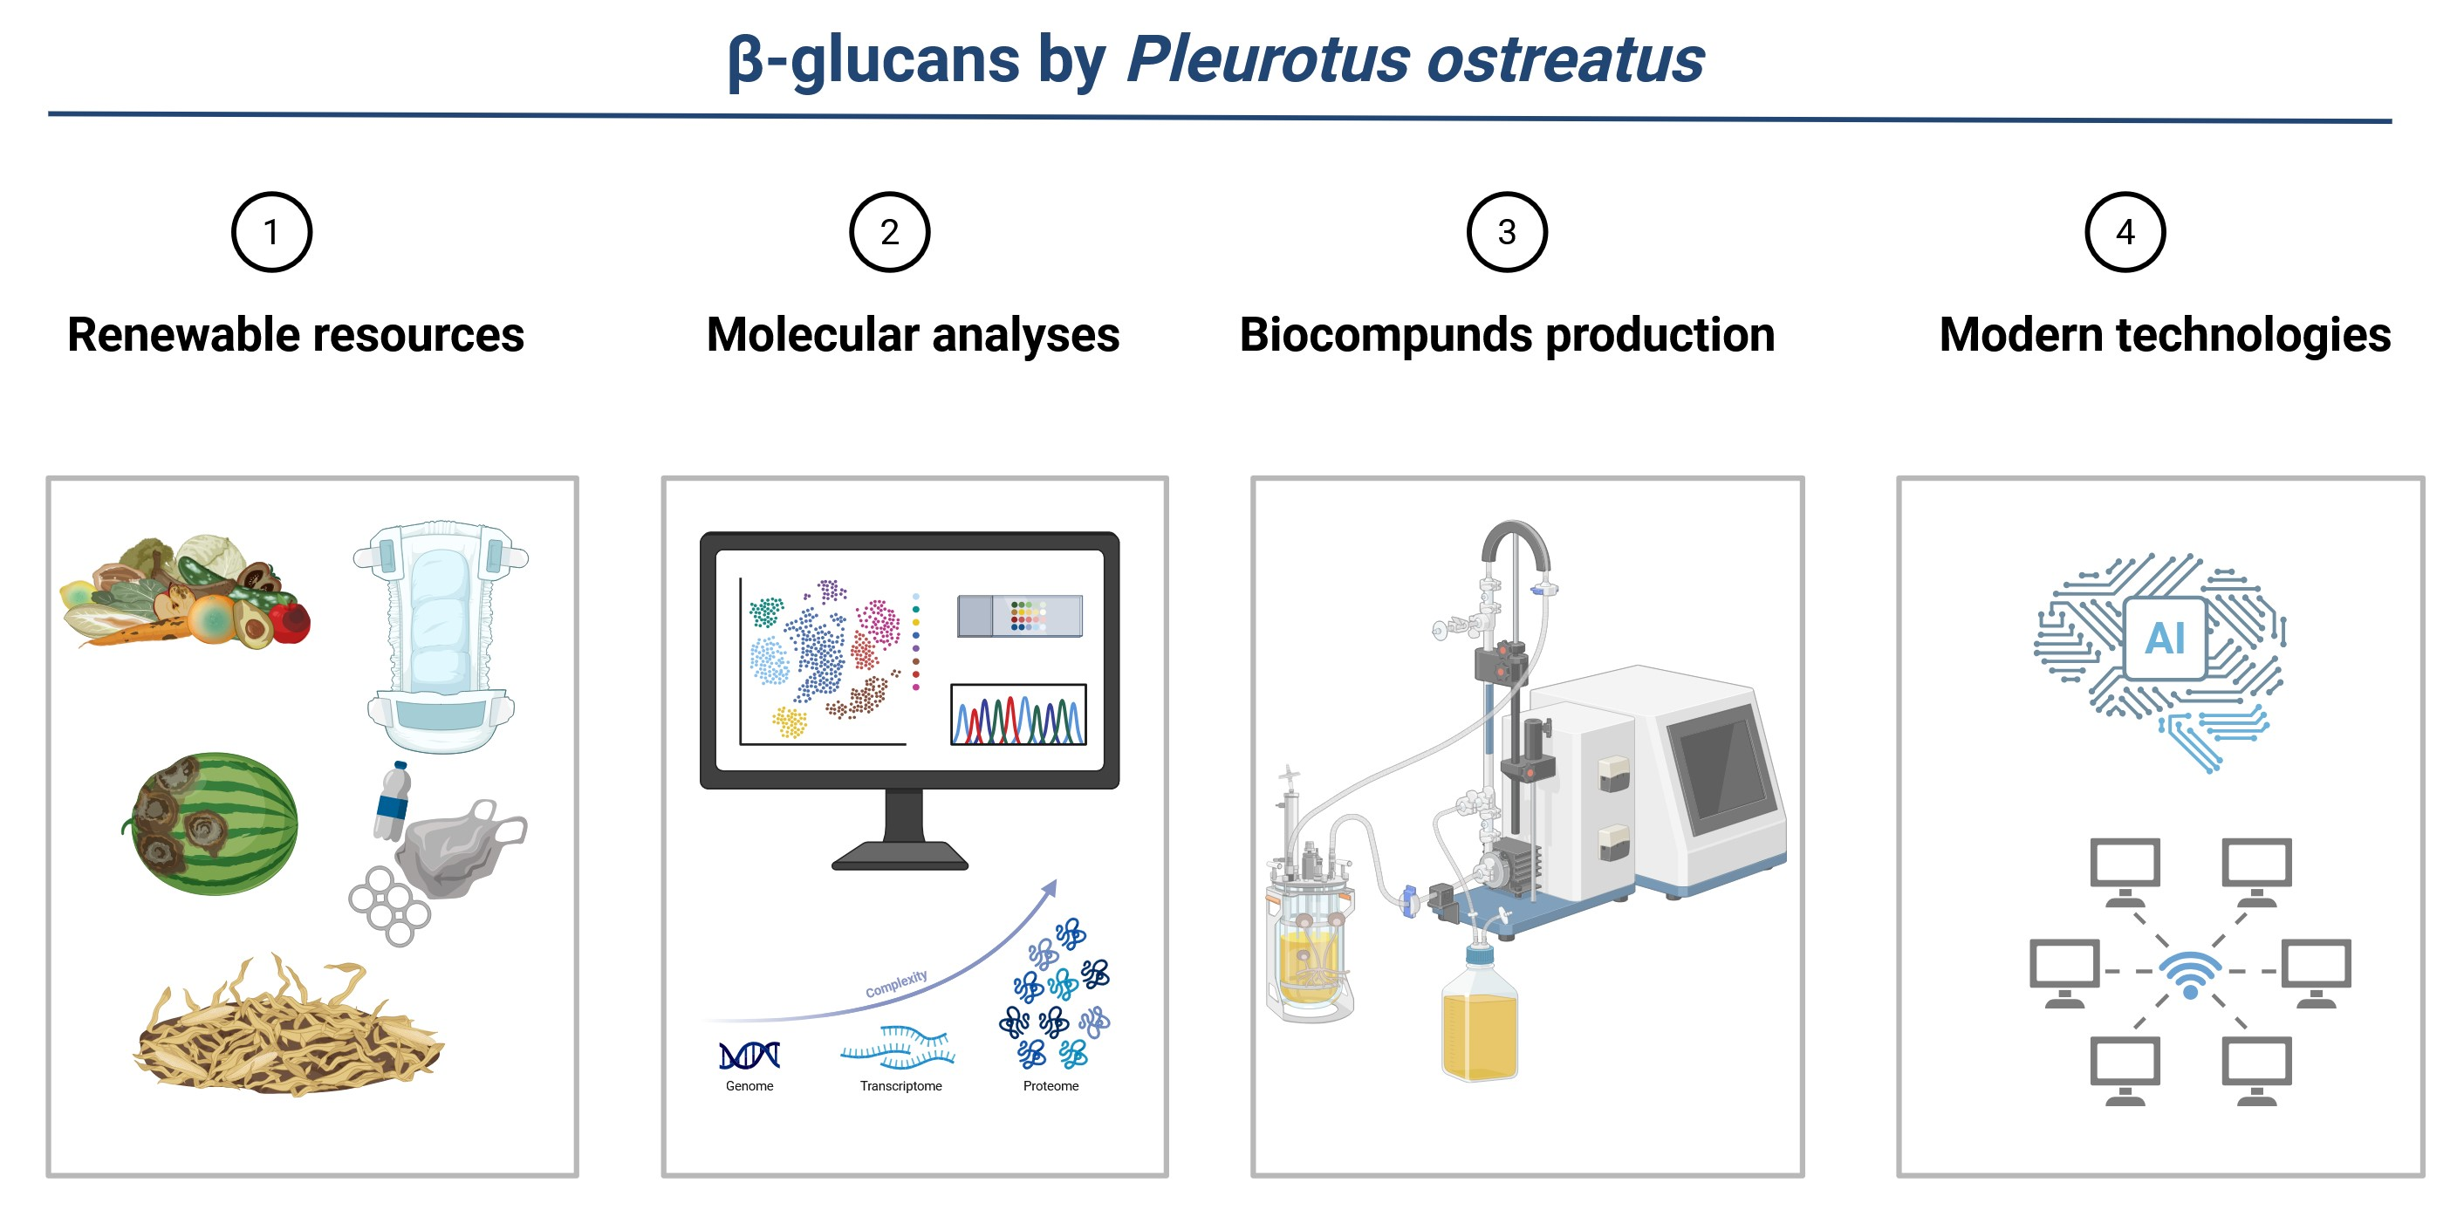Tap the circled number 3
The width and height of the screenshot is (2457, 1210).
tap(1506, 232)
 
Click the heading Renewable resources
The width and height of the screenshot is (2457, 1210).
tap(296, 335)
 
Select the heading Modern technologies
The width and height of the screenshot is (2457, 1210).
tap(2164, 335)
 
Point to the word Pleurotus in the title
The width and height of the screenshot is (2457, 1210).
tap(1268, 59)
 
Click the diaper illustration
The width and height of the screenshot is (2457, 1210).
tap(441, 634)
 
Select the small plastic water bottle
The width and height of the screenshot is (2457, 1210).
tap(391, 801)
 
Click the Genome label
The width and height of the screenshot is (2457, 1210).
tap(749, 1086)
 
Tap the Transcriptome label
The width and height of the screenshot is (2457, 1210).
tap(900, 1086)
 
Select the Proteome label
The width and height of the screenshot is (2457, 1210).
tap(1051, 1086)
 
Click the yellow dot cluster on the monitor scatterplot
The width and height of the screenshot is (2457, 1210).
tap(789, 721)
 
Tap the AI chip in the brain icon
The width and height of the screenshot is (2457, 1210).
tap(2164, 638)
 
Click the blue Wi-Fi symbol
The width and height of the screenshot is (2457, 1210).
tap(2190, 974)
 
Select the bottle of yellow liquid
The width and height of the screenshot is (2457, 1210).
tap(1480, 1020)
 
